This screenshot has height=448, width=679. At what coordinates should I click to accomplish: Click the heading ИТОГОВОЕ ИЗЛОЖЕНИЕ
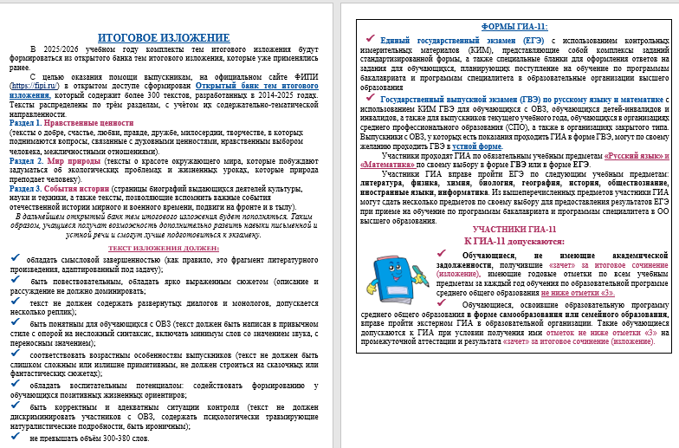(x=164, y=38)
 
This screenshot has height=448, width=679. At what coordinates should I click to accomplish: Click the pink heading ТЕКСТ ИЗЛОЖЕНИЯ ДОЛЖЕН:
(x=163, y=248)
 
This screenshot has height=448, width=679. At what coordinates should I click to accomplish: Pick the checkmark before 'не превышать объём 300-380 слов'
(x=15, y=438)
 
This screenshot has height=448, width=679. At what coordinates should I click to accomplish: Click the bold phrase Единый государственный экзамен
(x=445, y=41)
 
